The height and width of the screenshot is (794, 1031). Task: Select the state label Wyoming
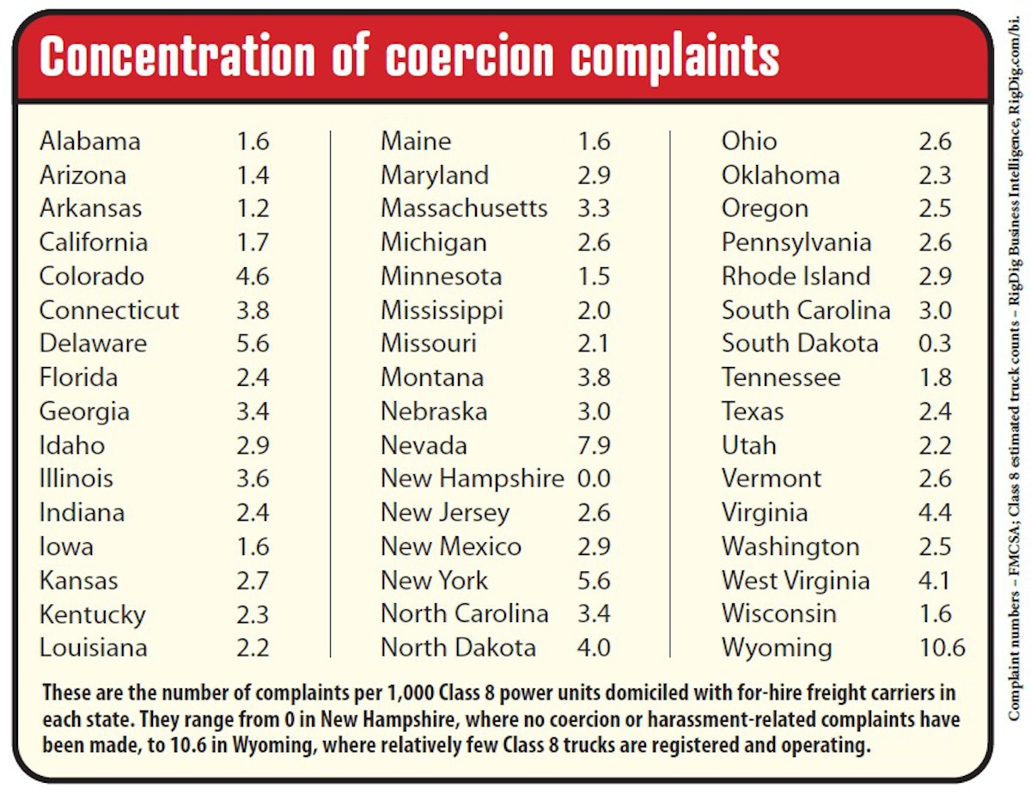tap(776, 647)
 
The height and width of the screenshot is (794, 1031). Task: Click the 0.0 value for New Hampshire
tap(594, 479)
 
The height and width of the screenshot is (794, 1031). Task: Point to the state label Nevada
tap(424, 445)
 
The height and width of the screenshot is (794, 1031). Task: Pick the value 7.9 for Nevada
tap(594, 445)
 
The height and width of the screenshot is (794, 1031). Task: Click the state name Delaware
tap(93, 344)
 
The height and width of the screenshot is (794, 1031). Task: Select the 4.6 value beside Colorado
tap(253, 277)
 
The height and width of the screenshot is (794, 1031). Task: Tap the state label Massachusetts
tap(464, 209)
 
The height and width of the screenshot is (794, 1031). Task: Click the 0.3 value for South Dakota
tap(935, 344)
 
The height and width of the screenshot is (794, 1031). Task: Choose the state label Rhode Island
tap(796, 277)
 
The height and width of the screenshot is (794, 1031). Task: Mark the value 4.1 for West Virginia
tap(935, 580)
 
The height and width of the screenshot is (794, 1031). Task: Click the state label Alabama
tap(89, 141)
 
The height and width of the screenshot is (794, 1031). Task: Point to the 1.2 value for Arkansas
tap(253, 209)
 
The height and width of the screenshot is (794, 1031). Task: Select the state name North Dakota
tap(458, 647)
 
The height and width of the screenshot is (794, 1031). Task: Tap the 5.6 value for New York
tap(594, 580)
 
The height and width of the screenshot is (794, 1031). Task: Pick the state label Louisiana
tap(93, 647)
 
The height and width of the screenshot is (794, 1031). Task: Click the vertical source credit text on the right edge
tap(1015, 395)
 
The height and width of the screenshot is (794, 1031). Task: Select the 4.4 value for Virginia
tap(935, 513)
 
